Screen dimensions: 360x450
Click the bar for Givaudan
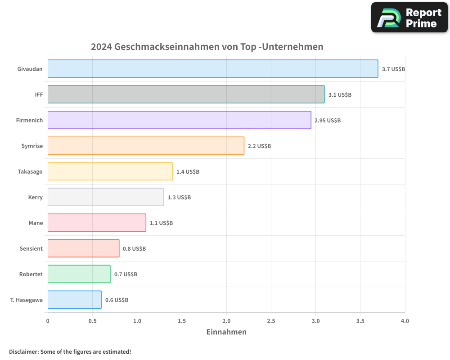[x=212, y=69]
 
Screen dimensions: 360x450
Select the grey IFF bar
[x=186, y=94]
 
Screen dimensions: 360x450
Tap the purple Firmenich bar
[x=179, y=120]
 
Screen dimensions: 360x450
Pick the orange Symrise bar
[x=146, y=146]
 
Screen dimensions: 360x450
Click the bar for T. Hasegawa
[x=74, y=300]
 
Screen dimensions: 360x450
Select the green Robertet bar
[x=79, y=274]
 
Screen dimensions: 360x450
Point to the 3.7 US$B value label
[x=393, y=69]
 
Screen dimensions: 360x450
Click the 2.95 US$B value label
[x=328, y=121]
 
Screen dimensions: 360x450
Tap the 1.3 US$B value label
[x=179, y=198]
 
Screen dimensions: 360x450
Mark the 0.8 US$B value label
[x=134, y=249]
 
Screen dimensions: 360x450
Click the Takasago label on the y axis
[x=30, y=171]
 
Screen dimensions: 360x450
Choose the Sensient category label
[x=31, y=248]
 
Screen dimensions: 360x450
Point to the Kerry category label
[x=35, y=197]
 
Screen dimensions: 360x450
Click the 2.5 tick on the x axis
[x=271, y=321]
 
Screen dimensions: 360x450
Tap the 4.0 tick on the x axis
[x=405, y=321]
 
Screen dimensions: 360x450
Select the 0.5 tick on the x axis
[x=92, y=321]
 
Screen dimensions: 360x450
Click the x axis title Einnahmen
[x=226, y=332]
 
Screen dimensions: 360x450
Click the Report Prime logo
[x=409, y=18]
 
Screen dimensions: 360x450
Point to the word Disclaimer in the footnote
[x=23, y=352]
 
